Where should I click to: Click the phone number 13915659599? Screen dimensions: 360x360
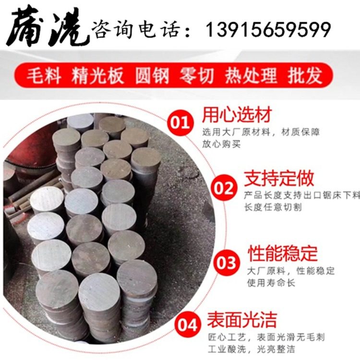(x=268, y=30)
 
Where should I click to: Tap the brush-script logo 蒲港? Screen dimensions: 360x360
(x=45, y=26)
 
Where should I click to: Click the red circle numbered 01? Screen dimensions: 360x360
(x=181, y=122)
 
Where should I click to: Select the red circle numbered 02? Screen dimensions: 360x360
(x=225, y=189)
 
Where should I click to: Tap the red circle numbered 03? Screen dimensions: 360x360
(x=227, y=263)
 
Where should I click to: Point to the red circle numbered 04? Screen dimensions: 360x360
(x=189, y=325)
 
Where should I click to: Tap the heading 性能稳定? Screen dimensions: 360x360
(x=282, y=253)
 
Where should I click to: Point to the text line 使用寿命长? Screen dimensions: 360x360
(x=271, y=283)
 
